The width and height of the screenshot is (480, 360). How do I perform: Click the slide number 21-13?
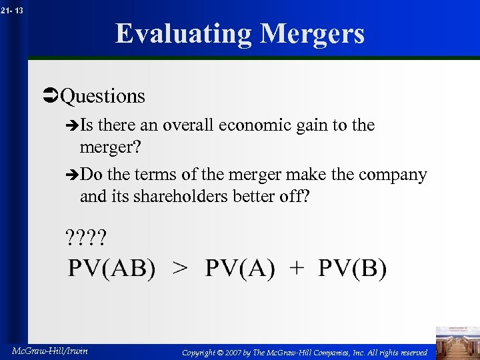pyautogui.click(x=13, y=10)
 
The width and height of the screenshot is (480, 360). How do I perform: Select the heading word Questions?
pyautogui.click(x=103, y=96)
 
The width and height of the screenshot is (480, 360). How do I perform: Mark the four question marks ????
pyautogui.click(x=86, y=237)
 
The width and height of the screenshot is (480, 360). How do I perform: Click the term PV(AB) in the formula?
pyautogui.click(x=112, y=269)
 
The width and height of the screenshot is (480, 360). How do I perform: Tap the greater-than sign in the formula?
pyautogui.click(x=180, y=269)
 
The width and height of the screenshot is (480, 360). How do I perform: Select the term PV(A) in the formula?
pyautogui.click(x=239, y=269)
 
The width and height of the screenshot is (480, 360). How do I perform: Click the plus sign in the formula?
pyautogui.click(x=297, y=269)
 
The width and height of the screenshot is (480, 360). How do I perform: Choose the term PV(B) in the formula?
pyautogui.click(x=352, y=269)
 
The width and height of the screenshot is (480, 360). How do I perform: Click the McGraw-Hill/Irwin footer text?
pyautogui.click(x=50, y=351)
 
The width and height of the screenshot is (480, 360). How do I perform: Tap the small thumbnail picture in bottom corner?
pyautogui.click(x=457, y=342)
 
